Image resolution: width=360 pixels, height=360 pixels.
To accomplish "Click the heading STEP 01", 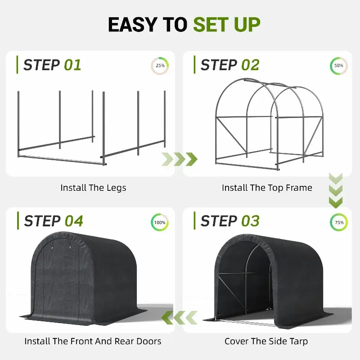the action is click(52, 65).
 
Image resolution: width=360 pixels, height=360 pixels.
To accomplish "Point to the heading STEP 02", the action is click(230, 65).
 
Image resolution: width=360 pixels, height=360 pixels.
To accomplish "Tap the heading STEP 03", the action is click(230, 221).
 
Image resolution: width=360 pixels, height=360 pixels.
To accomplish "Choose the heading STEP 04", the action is click(53, 221).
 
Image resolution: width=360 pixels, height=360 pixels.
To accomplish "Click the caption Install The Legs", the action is click(93, 188).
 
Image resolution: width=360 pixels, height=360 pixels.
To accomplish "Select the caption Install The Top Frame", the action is click(267, 188).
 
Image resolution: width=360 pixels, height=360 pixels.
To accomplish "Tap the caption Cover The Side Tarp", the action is click(266, 341).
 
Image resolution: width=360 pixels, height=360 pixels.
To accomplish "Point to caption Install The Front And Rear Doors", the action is click(93, 341).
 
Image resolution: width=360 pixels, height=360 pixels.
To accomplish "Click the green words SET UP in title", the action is click(227, 25).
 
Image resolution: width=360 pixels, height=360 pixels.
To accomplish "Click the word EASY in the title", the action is click(133, 25).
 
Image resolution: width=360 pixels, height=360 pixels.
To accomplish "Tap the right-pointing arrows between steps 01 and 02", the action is click(179, 159).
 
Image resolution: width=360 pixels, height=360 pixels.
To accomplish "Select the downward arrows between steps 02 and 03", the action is click(336, 190).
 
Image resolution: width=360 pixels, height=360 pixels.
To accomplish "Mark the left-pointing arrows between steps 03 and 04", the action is click(179, 318).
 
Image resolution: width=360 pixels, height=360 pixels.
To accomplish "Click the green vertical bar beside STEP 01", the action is click(17, 65).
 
